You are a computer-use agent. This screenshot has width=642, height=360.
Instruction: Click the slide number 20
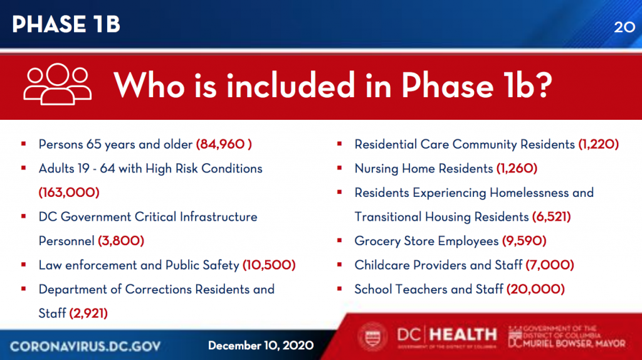(x=624, y=27)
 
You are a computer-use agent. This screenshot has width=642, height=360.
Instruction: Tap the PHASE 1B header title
(x=66, y=24)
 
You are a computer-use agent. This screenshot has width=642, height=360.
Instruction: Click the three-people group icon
(x=57, y=84)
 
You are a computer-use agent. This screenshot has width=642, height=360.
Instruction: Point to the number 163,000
(x=69, y=193)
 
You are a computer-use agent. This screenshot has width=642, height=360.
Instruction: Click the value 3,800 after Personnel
(x=121, y=241)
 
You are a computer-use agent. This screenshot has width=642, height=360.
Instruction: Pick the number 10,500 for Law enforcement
(x=269, y=265)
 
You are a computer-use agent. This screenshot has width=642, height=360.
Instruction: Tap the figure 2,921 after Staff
(x=88, y=314)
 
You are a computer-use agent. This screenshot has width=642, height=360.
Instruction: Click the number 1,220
(x=598, y=144)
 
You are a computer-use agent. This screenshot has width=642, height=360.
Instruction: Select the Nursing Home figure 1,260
(x=517, y=168)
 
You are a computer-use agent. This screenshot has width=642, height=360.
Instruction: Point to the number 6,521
(x=551, y=216)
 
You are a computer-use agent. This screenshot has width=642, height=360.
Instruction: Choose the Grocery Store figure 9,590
(x=524, y=241)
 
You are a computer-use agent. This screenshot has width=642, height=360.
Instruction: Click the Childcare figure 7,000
(x=549, y=265)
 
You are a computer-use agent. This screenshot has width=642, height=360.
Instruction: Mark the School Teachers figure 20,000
(x=535, y=289)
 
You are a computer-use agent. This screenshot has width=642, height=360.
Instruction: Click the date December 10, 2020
(x=261, y=346)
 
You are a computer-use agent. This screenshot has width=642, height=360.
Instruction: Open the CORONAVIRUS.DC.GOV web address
(x=85, y=346)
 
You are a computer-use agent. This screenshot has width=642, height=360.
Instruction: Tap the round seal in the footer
(x=372, y=337)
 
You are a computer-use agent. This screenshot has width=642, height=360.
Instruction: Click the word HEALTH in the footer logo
(x=463, y=335)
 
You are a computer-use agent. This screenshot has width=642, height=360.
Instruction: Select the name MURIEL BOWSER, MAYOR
(x=574, y=344)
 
